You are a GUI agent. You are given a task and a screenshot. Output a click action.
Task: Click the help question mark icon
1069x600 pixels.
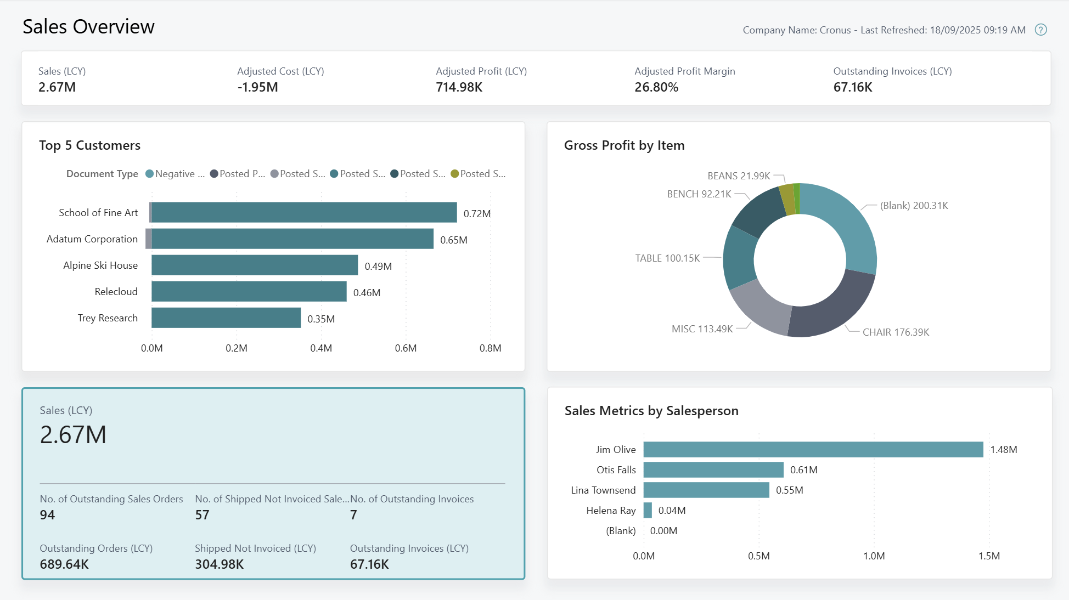(1040, 30)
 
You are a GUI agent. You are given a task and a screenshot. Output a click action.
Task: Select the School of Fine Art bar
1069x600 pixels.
(304, 212)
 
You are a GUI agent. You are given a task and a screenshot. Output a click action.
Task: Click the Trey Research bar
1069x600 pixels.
(226, 318)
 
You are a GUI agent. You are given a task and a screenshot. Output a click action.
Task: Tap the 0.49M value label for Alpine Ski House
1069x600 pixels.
(378, 266)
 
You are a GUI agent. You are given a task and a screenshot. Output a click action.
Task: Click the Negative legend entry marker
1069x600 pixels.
(149, 174)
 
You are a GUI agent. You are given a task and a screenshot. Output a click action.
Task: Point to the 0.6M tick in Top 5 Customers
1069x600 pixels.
(406, 348)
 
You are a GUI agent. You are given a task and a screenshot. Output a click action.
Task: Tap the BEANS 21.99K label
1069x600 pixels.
(738, 176)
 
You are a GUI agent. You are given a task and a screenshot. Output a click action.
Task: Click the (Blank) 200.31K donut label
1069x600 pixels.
(914, 206)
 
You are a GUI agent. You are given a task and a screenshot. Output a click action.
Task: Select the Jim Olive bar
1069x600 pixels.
(813, 449)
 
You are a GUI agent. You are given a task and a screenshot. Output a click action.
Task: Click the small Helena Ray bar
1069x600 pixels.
(648, 510)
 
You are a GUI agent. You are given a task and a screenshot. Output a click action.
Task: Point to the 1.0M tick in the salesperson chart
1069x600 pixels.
(874, 556)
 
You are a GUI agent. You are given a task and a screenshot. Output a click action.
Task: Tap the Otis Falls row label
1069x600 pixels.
(616, 469)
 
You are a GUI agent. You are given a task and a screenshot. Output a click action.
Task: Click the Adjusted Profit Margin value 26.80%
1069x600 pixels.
(656, 87)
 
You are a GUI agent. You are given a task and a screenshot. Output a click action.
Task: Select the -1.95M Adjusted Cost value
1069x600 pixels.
(257, 87)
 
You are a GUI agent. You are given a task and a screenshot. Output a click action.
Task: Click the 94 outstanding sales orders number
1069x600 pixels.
(47, 514)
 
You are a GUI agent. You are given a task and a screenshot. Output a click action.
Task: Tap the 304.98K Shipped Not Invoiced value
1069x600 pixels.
(219, 564)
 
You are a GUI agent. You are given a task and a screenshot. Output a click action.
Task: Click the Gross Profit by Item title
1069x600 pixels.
(624, 145)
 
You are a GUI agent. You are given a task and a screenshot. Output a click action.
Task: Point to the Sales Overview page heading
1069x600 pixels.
(88, 26)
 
